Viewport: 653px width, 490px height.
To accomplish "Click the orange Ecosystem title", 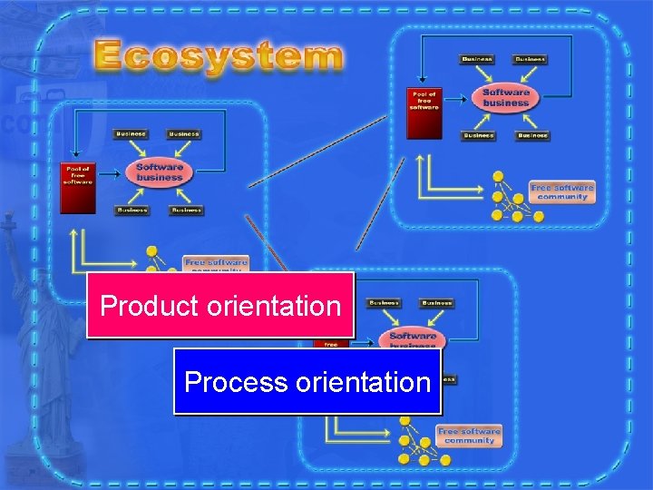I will pos(219,55).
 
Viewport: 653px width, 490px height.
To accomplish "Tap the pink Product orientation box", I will pos(219,306).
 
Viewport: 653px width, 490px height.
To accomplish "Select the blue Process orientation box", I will pos(307,382).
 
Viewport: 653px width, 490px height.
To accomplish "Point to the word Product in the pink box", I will pos(150,306).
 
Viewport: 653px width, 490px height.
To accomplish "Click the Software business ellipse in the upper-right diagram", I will pos(505,97).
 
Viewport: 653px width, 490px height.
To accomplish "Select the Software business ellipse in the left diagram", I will pos(159,171).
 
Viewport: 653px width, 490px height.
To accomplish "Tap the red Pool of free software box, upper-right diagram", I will pos(424,113).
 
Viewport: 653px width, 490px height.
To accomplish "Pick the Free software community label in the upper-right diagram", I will pos(562,192).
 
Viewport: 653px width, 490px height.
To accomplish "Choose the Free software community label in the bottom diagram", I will pos(469,436).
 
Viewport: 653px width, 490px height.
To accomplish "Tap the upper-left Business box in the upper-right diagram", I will pos(477,60).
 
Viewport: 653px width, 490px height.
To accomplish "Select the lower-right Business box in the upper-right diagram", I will pos(532,136).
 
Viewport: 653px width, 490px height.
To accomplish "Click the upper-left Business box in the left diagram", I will pos(131,134).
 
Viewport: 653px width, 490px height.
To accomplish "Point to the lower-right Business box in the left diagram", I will pos(186,211).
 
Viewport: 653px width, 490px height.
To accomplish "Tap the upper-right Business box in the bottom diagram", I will pos(437,303).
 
